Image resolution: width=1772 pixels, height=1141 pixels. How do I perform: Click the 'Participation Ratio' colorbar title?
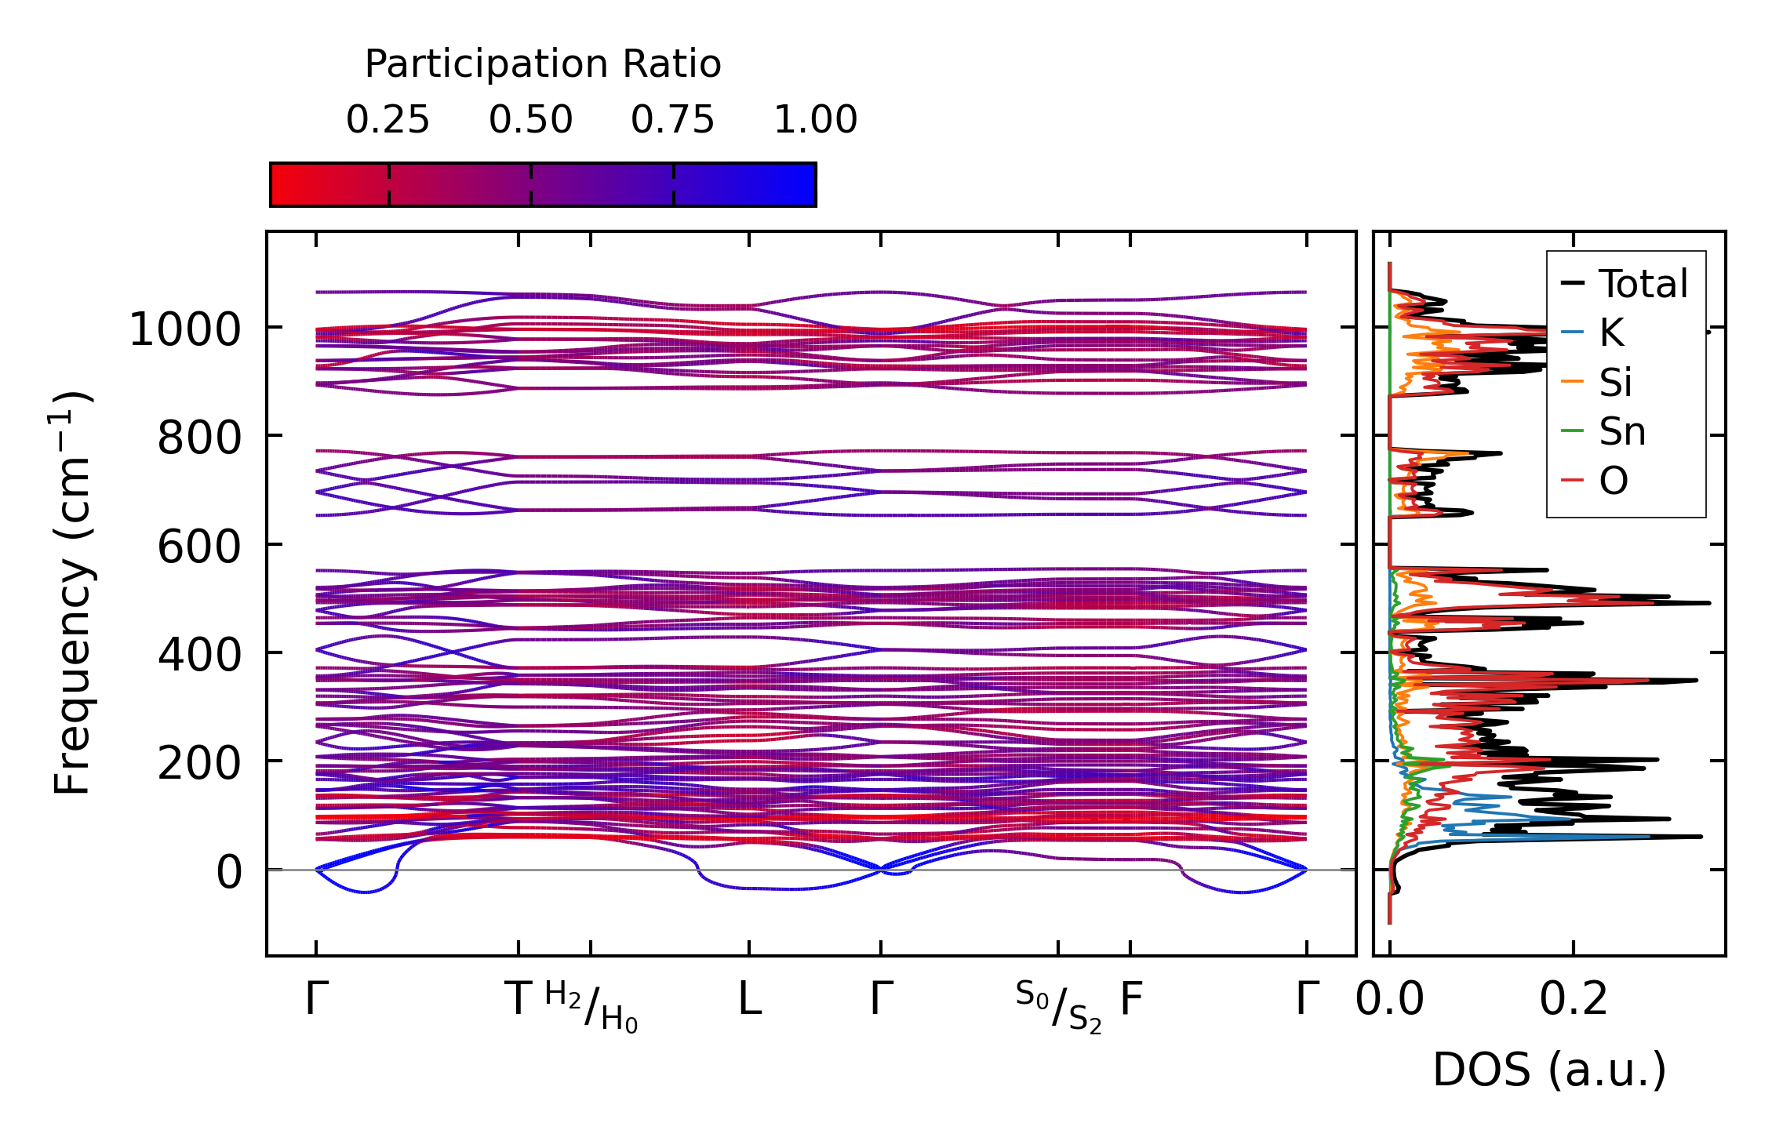(543, 64)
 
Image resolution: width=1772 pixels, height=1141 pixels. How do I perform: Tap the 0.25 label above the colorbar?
(388, 120)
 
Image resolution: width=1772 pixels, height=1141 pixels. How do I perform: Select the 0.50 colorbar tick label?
(530, 120)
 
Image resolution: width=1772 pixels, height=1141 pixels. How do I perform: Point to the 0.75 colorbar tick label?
(673, 120)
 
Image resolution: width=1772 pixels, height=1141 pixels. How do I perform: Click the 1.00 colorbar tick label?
(815, 120)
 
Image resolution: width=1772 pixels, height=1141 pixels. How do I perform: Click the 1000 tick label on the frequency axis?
(185, 329)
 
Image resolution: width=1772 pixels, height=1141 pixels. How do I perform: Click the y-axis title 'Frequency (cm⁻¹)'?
(72, 592)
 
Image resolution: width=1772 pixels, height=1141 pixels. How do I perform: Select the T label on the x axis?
(519, 999)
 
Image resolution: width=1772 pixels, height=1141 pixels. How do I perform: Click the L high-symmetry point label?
(749, 999)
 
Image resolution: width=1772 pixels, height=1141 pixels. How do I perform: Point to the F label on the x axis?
(1130, 999)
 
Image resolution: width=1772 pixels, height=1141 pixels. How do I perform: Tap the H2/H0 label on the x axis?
(591, 1006)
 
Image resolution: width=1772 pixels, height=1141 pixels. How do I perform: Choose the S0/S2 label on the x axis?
(1058, 1006)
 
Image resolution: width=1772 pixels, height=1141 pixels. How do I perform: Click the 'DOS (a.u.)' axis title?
(1549, 1070)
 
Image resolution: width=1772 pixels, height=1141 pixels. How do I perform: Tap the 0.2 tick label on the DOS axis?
(1574, 999)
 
